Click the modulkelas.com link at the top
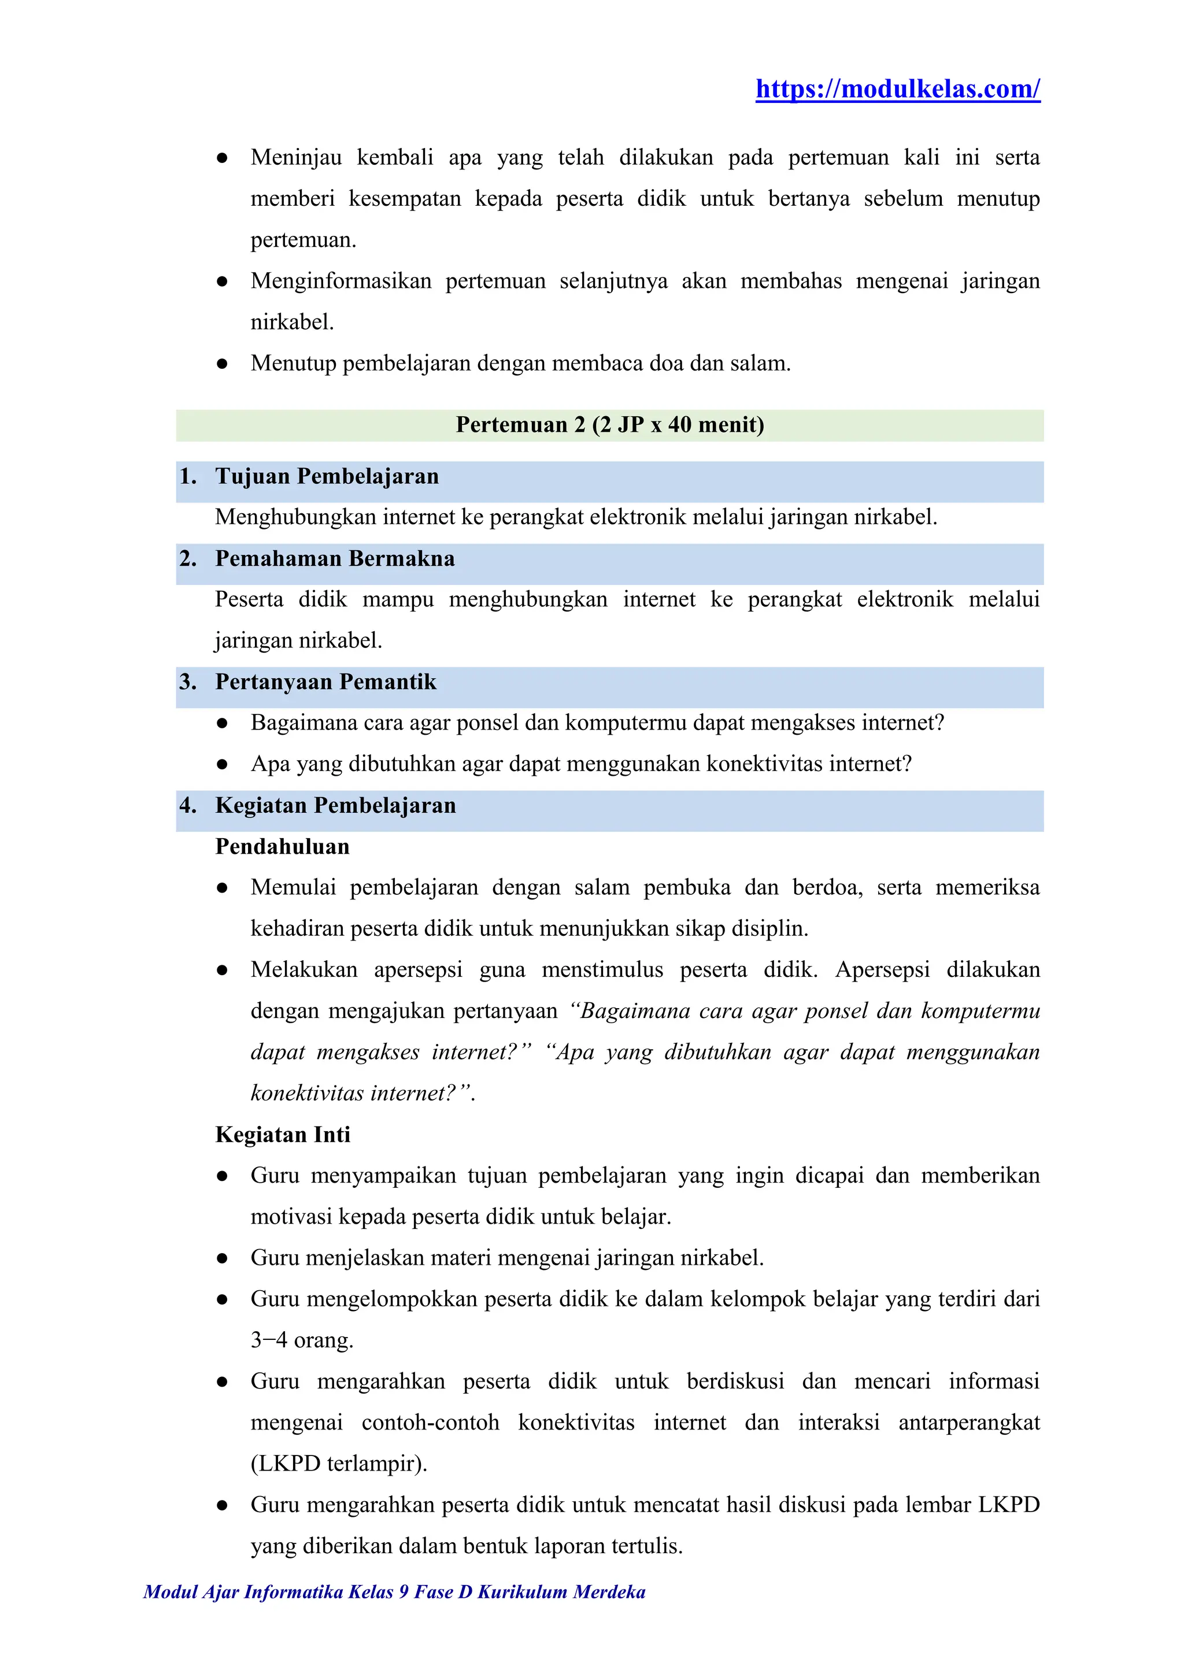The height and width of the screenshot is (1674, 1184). (x=897, y=89)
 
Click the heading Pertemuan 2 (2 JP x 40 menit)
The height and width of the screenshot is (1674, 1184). (x=609, y=425)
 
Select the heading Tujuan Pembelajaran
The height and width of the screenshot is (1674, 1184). (x=327, y=477)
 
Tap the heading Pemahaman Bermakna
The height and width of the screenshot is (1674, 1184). (x=335, y=559)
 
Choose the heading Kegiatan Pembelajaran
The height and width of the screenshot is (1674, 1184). (x=335, y=806)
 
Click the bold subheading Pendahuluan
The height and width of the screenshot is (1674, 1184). (x=282, y=847)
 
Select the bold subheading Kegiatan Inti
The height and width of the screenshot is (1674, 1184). (x=283, y=1135)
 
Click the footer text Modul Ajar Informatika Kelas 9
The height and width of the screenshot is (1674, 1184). (x=394, y=1592)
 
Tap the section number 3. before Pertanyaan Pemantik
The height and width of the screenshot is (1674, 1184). (x=188, y=683)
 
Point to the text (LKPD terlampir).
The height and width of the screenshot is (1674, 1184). (x=338, y=1464)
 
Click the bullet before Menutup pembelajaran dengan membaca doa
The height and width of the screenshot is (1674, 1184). (x=223, y=364)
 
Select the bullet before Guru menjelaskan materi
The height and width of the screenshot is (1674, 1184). (x=223, y=1258)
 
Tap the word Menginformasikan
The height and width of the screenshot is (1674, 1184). (x=341, y=282)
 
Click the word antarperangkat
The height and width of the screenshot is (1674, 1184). (x=968, y=1423)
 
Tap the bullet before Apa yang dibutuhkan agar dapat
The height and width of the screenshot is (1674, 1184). (x=223, y=765)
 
